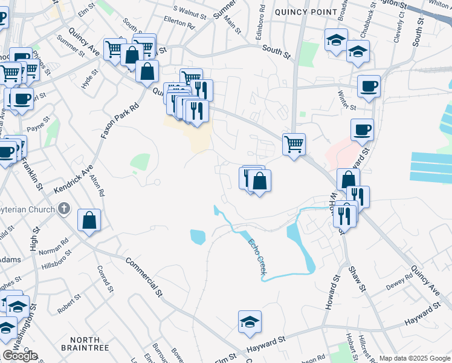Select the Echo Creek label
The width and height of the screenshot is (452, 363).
point(256,257)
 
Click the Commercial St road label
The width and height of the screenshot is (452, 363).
point(144,277)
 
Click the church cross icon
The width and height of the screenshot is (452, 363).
point(66,210)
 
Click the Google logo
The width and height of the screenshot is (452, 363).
point(19,356)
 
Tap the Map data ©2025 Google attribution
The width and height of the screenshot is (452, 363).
point(415,358)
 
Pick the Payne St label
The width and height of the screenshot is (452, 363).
point(38,127)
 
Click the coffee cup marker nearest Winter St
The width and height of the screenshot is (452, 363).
point(368,85)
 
